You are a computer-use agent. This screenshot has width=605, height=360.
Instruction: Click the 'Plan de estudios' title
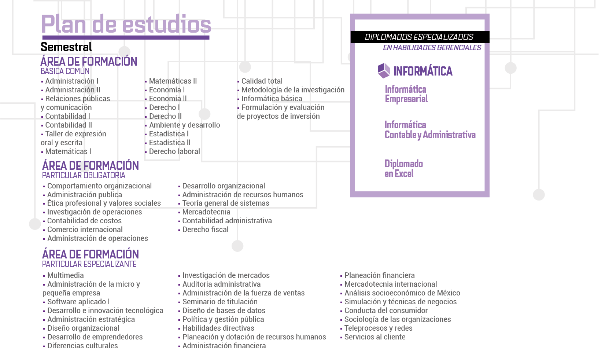coord(126,24)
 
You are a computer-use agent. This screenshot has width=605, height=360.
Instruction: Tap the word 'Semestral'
coord(66,47)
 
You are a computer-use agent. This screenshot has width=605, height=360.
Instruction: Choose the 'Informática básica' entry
coord(272,99)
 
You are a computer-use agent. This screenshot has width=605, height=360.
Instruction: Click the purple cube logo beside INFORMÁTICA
coord(384,70)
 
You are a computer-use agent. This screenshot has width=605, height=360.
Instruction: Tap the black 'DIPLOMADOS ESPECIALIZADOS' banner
coord(419,37)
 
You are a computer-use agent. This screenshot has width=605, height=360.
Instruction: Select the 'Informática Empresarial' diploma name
coord(406,94)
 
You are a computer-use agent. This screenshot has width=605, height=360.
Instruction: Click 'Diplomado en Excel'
coord(403,169)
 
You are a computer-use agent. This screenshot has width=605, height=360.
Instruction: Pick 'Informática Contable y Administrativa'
coord(430,130)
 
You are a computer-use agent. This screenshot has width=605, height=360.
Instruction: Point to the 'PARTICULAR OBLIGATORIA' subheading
coord(84,175)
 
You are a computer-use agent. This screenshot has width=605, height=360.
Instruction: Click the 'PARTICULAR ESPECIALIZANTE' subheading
coord(89,264)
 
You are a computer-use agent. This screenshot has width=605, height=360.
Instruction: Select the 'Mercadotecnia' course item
coord(206,212)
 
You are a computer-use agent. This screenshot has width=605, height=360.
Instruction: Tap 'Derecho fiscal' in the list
coord(205,229)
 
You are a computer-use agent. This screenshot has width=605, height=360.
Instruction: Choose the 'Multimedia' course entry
coord(65,275)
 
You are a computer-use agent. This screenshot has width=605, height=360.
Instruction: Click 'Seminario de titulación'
coord(220,302)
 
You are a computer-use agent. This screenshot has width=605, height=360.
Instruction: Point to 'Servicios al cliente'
coord(375,337)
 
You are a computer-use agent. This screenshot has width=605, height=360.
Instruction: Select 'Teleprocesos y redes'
coord(378,328)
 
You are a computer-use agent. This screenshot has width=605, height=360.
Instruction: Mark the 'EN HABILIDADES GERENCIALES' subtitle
coord(432,48)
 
